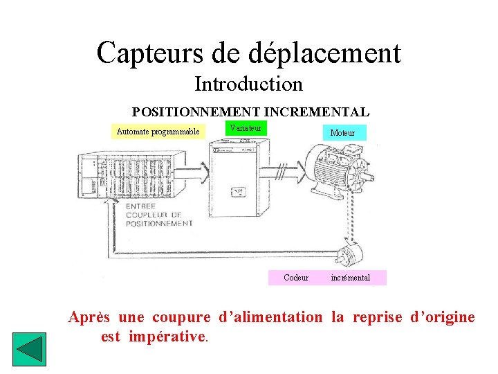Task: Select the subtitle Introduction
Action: (x=248, y=84)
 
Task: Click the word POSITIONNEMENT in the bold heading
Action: (x=196, y=112)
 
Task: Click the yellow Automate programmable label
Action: (x=158, y=132)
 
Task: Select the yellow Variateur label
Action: (x=246, y=128)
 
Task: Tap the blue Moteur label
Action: (x=342, y=132)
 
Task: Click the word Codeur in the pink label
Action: (x=296, y=278)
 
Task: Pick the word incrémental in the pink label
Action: (x=350, y=278)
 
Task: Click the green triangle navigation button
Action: (x=29, y=350)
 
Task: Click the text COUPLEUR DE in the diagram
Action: (x=154, y=215)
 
